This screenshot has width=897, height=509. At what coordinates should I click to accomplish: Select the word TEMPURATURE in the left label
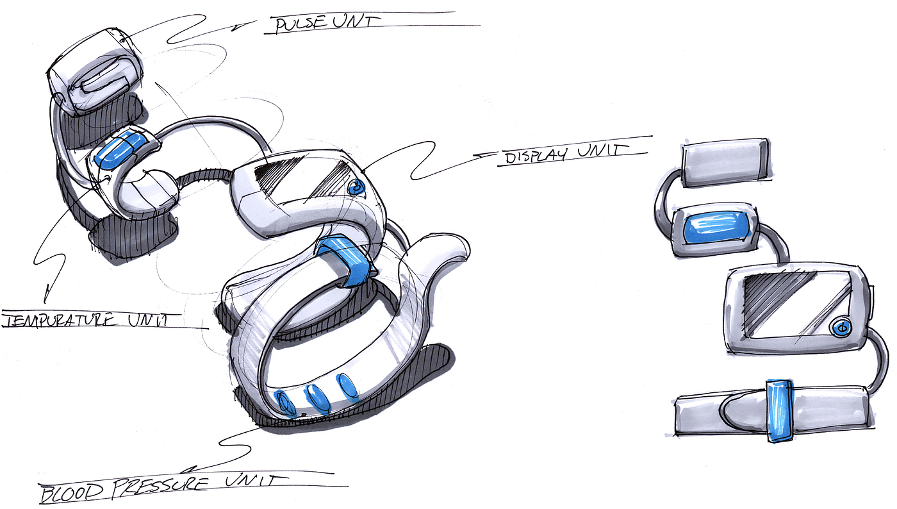[59, 321]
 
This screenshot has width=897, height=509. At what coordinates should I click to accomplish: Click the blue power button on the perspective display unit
[356, 187]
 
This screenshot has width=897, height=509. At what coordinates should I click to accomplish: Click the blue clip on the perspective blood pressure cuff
[347, 260]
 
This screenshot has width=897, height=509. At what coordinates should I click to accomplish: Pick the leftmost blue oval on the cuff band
[284, 402]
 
